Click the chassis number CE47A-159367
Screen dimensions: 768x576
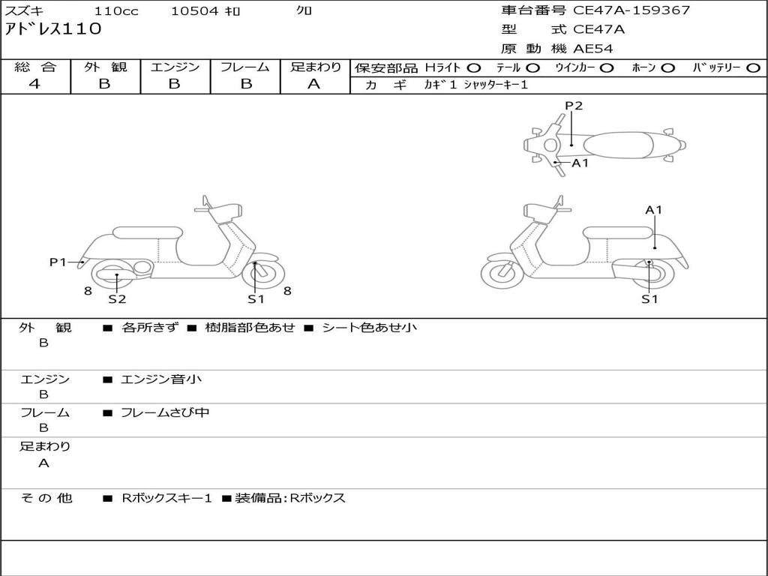[x=631, y=10]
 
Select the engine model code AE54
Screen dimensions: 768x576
[x=593, y=49]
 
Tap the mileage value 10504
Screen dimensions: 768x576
[x=194, y=11]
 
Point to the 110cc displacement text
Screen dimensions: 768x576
[x=116, y=11]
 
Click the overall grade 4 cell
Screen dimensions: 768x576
[x=34, y=84]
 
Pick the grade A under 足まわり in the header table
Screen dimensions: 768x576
[x=314, y=84]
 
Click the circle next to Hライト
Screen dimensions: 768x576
[x=474, y=67]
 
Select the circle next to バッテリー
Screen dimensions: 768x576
[x=754, y=67]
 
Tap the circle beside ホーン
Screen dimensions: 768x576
[x=667, y=67]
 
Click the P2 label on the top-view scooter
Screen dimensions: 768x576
[x=574, y=106]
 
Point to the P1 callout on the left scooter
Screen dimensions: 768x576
[x=58, y=262]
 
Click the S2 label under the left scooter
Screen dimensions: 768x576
[x=117, y=299]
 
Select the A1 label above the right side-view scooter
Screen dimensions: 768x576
[x=654, y=210]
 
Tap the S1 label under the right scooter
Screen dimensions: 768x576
[x=649, y=299]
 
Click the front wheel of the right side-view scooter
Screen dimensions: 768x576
[x=502, y=274]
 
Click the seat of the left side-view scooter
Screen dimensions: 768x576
[x=147, y=232]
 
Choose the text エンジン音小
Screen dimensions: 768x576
[x=161, y=379]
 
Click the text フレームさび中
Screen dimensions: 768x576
[x=165, y=412]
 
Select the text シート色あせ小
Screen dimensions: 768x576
[x=369, y=328]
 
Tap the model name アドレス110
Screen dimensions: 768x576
[x=53, y=30]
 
